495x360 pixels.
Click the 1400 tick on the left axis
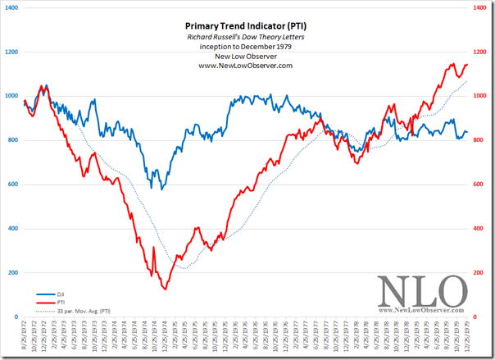pos(11,7)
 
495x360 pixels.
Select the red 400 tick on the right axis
pos(479,229)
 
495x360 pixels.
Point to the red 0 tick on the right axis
pos(476,317)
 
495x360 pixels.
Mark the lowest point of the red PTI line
pos(165,289)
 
